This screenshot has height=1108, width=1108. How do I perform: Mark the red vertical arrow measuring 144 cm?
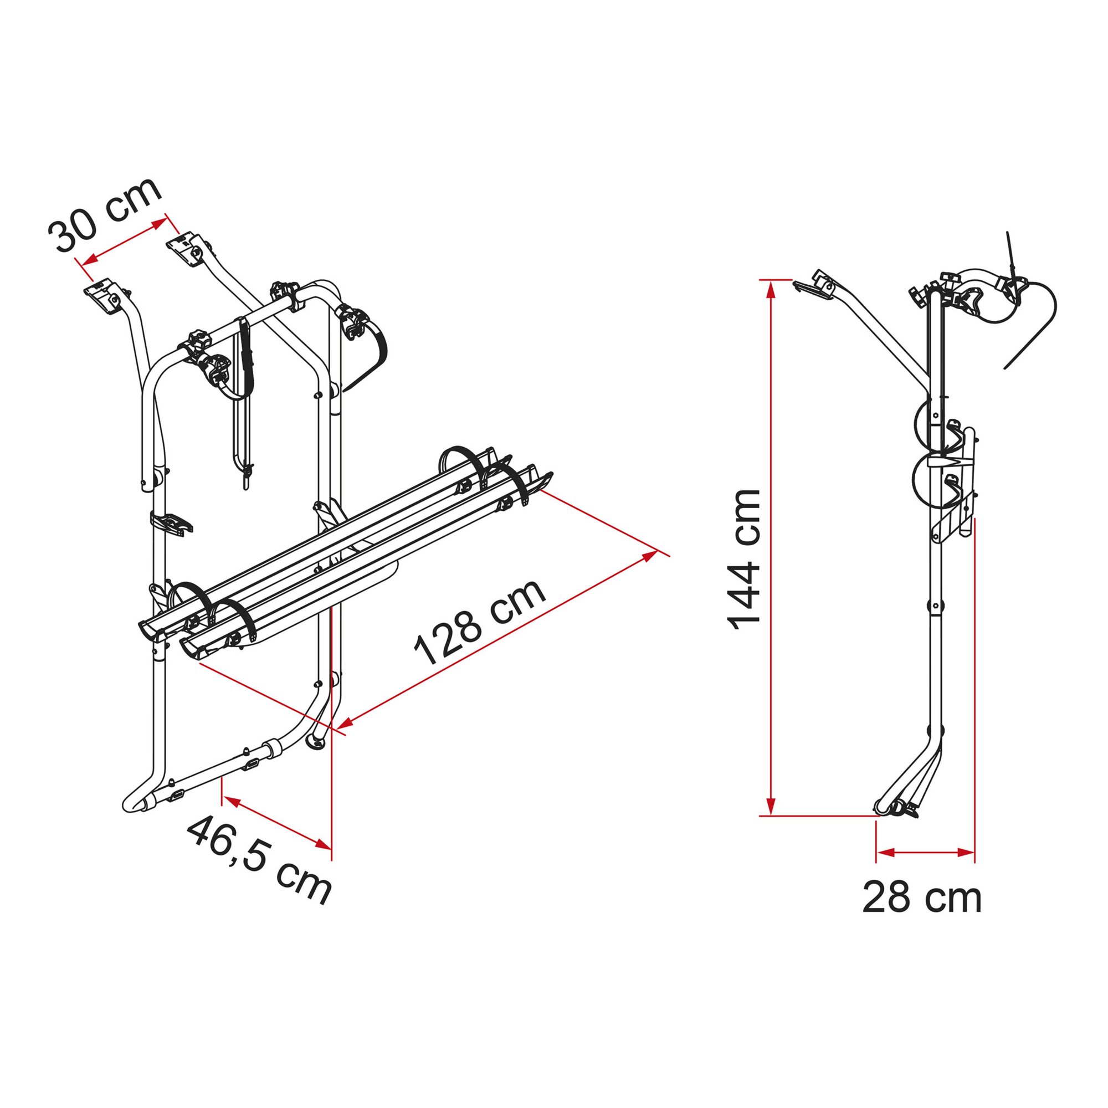click(772, 547)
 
